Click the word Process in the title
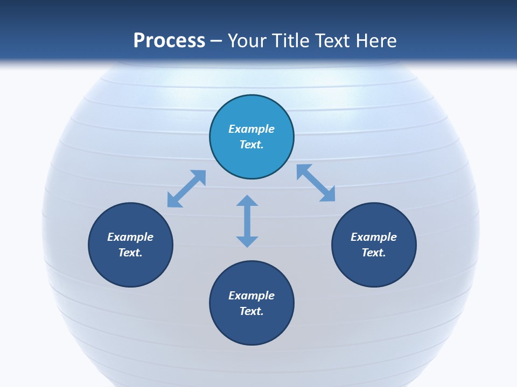[x=169, y=41]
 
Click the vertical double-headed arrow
[x=247, y=221]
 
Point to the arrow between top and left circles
[x=186, y=189]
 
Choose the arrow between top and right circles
[x=316, y=183]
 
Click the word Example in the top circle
[x=251, y=129]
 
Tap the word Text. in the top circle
[x=251, y=145]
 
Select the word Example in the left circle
[x=130, y=237]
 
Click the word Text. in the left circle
[x=130, y=253]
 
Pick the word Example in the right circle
[x=374, y=237]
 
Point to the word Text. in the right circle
[x=374, y=253]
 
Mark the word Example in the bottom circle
[x=251, y=296]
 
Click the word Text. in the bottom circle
[x=251, y=311]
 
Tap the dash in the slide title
[x=216, y=41]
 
